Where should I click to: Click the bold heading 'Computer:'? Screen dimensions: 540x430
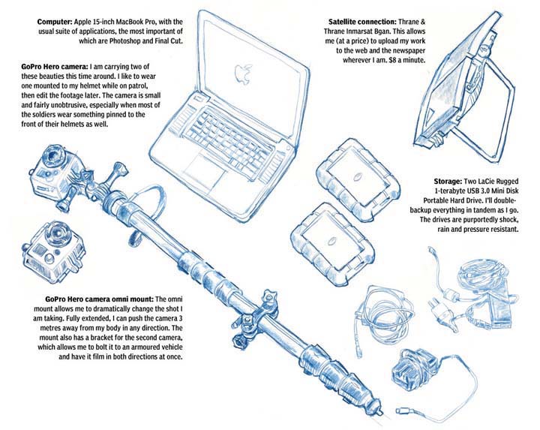[x=55, y=22]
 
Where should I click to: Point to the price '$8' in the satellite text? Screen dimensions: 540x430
[x=387, y=60]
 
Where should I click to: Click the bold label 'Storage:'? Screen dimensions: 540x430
[x=448, y=182]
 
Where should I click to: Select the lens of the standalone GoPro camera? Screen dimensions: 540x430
[x=57, y=232]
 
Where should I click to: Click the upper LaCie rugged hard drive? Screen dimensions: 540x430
[x=358, y=179]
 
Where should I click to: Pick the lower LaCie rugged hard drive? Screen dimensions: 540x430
[x=332, y=243]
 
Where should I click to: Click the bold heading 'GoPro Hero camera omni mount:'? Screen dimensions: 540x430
[x=99, y=299]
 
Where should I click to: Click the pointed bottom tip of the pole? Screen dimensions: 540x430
[x=381, y=412]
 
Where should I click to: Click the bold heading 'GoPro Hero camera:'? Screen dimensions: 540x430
[x=55, y=67]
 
